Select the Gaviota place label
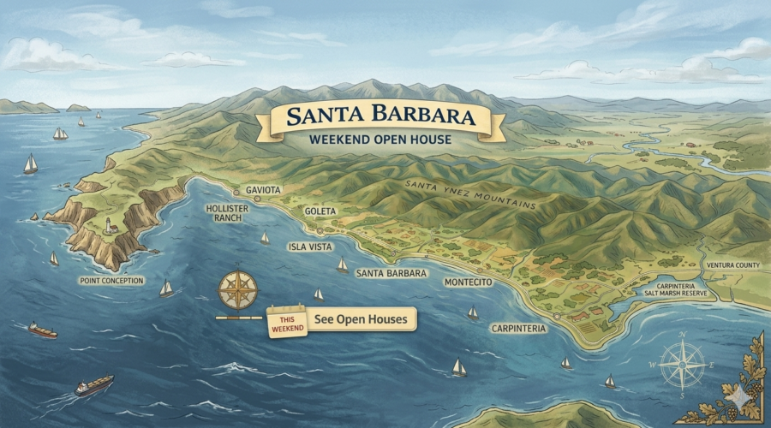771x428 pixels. [263, 189]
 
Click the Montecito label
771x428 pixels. [469, 282]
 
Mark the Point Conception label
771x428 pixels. [111, 280]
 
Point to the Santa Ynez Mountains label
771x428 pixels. [470, 194]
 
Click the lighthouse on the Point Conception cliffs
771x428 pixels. [110, 226]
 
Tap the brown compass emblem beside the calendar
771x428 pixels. [237, 290]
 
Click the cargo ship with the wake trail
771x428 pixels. [93, 385]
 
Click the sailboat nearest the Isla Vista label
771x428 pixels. [342, 265]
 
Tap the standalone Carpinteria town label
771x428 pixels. [519, 328]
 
